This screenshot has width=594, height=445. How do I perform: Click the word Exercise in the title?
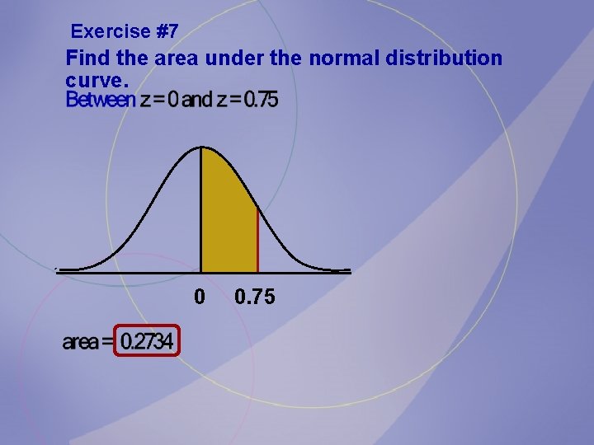[110, 32]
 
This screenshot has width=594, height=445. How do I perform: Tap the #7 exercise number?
[166, 32]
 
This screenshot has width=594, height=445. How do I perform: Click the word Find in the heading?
[84, 59]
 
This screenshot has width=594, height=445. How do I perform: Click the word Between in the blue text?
[100, 101]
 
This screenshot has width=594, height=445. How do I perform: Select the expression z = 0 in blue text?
[158, 101]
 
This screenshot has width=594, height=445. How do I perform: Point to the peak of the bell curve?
[202, 148]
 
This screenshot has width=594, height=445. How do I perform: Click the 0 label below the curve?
[199, 296]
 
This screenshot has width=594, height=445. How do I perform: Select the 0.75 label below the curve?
[255, 296]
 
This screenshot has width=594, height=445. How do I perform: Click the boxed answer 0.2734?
[148, 341]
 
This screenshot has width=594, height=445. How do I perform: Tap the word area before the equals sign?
[80, 342]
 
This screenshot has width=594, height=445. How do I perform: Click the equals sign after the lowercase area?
[107, 342]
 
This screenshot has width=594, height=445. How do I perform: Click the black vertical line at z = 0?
[201, 214]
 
